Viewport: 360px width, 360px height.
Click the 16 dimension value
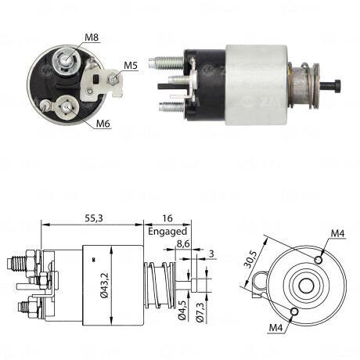click(x=166, y=219)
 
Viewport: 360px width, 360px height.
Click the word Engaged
click(x=167, y=232)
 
